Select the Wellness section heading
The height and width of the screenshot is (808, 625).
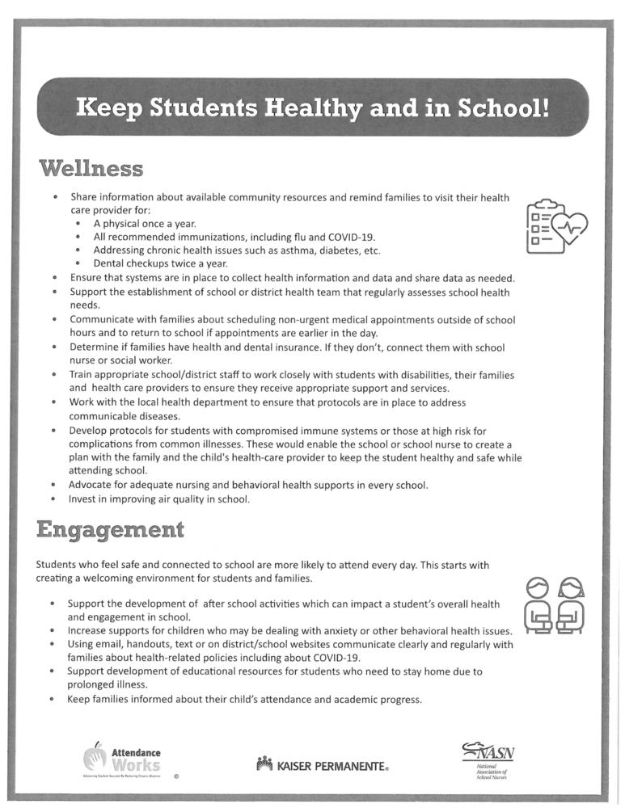[91, 169]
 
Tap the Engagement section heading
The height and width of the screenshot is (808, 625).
[110, 530]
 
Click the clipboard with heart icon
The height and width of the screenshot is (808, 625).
[556, 226]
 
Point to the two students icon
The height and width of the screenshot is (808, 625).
[555, 605]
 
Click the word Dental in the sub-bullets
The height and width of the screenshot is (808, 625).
[109, 263]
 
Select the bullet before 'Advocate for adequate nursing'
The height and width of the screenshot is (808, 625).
[53, 486]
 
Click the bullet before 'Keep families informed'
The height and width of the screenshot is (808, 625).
[53, 700]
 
